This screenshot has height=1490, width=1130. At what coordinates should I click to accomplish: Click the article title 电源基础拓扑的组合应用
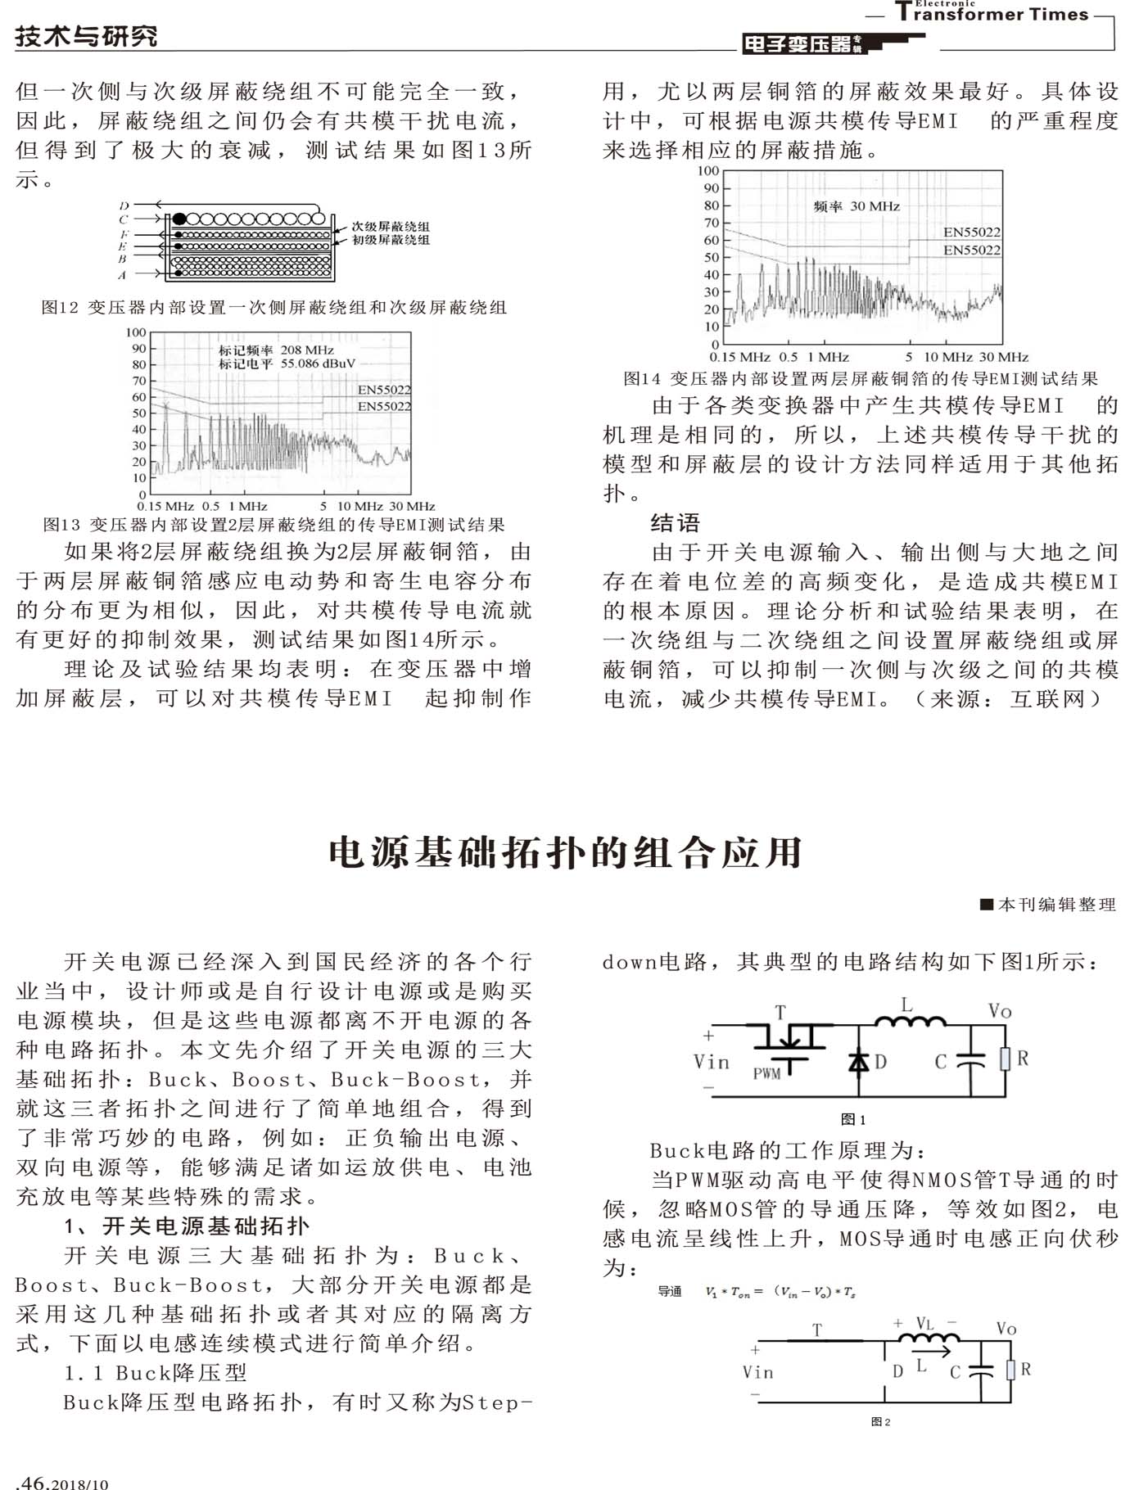coord(565,852)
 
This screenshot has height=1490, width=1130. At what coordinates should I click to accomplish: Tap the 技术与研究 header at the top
coord(86,36)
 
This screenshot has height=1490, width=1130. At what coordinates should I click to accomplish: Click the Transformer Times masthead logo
coord(992,12)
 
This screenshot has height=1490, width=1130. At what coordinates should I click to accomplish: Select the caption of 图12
coord(274,307)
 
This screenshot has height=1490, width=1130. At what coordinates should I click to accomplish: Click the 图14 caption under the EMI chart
coord(860,378)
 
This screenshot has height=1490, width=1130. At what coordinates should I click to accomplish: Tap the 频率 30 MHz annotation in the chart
coord(857,206)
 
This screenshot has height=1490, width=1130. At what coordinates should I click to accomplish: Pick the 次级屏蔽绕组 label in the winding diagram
coord(391,226)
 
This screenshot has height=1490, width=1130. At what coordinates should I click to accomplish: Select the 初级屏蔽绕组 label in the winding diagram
coord(391,240)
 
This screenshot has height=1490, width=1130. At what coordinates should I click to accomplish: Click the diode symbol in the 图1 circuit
coord(858,1062)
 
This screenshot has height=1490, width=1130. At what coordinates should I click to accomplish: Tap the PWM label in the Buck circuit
coord(767,1073)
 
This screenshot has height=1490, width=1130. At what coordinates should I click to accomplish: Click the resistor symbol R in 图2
coord(1011,1370)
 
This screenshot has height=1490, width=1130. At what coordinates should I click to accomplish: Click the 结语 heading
coord(675,522)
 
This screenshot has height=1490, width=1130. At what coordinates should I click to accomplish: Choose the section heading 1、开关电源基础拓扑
coord(188,1226)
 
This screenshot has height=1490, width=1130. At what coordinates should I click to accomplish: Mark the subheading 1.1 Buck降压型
coord(156,1373)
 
